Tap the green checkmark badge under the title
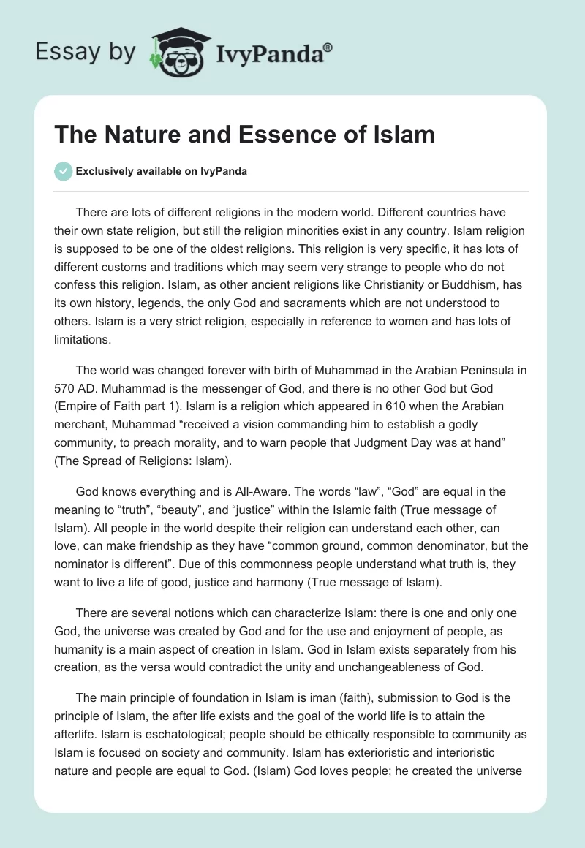(x=64, y=171)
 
